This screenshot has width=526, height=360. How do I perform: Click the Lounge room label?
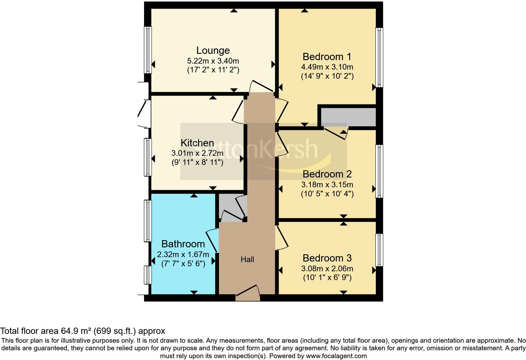[213, 50]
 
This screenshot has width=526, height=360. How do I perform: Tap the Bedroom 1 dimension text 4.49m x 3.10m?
[327, 67]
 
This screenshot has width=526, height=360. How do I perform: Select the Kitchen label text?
[197, 143]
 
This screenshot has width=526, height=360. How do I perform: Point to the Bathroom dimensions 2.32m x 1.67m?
[183, 254]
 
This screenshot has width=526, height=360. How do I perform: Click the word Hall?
[247, 260]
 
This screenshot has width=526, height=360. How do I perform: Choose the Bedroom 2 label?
[327, 174]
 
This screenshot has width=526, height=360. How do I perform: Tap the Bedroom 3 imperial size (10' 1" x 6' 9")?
[327, 278]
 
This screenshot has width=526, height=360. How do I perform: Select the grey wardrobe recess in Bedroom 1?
[348, 117]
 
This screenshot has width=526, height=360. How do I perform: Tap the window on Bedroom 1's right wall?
[380, 57]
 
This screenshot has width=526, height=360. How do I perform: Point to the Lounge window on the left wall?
[148, 50]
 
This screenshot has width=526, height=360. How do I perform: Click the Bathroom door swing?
[212, 240]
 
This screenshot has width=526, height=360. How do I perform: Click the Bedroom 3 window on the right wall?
[380, 250]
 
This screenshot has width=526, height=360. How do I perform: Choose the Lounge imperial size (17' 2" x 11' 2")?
[213, 70]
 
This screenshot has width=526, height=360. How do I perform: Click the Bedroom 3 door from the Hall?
[282, 238]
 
